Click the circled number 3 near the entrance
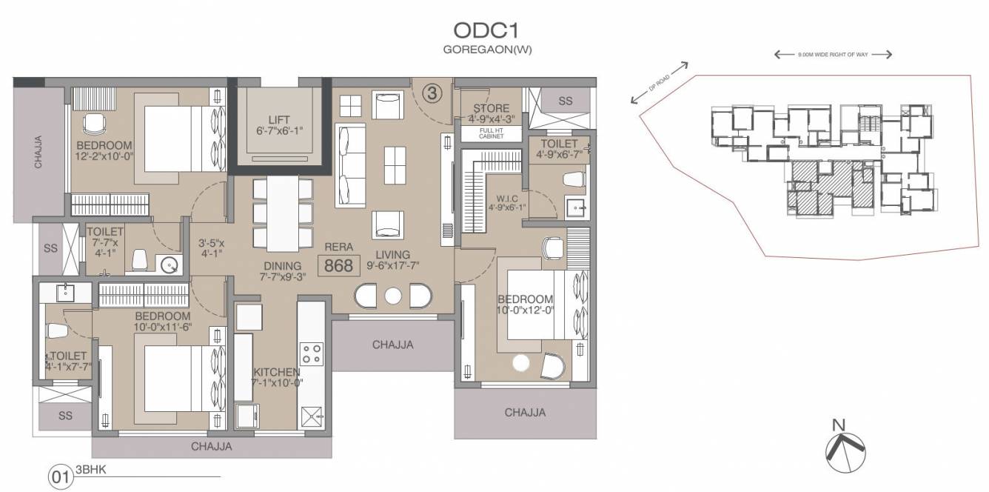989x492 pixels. pos(432,93)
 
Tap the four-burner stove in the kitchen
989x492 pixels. pos(312,353)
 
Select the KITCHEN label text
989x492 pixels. pos(276,372)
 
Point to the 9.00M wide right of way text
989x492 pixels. pos(832,55)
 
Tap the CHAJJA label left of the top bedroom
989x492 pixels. pos(39,151)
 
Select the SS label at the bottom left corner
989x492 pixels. pos(65,416)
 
